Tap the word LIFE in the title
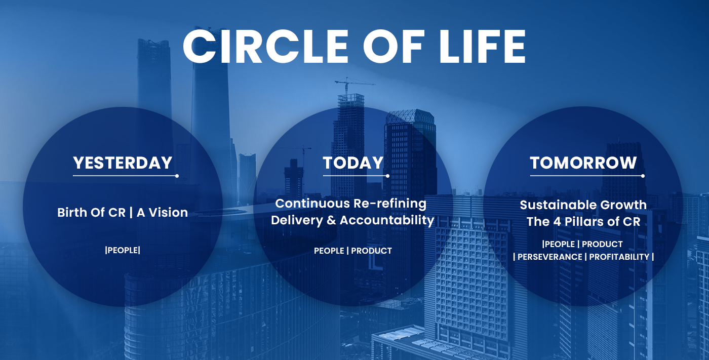point(482,47)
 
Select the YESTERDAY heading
point(123,163)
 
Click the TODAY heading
point(353,163)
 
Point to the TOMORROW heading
point(583,163)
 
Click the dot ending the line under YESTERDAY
point(177,176)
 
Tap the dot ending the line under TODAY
point(388,176)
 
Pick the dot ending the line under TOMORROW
point(643,176)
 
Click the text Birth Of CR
point(92,213)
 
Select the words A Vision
point(163,213)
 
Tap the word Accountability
point(387,220)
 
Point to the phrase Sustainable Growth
point(583,205)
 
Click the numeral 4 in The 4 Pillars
point(557,221)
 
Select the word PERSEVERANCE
point(550,257)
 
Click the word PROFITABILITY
point(619,257)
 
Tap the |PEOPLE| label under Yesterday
point(123,250)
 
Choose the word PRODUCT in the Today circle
point(371,251)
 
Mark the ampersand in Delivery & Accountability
point(331,220)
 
